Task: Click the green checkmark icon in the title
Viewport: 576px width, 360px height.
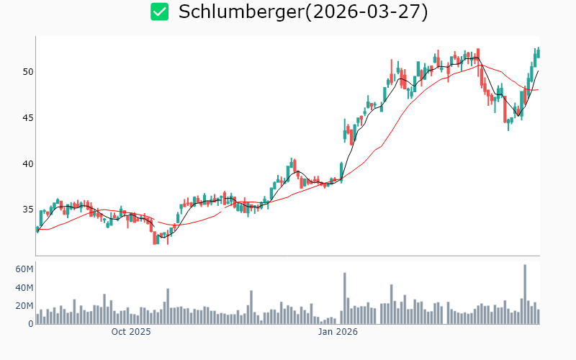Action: [x=159, y=12]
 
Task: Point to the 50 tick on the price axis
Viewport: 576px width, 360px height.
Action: [x=27, y=72]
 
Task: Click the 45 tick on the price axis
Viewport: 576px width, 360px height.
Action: [x=27, y=118]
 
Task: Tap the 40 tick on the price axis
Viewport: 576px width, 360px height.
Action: [x=27, y=163]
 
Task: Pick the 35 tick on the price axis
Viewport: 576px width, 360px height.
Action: [x=27, y=210]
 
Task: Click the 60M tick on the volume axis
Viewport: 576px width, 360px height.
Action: [x=24, y=269]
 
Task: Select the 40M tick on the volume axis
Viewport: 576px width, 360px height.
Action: [x=24, y=288]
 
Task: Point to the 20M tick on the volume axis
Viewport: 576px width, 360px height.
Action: [x=24, y=306]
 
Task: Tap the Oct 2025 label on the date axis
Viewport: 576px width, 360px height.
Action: [x=130, y=332]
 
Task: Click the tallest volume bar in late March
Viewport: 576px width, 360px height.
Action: [x=525, y=294]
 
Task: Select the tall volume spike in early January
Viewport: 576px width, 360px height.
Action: [x=345, y=298]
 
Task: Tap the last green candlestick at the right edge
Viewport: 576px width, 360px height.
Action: [x=538, y=53]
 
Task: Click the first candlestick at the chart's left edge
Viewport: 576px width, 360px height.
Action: [x=37, y=230]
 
